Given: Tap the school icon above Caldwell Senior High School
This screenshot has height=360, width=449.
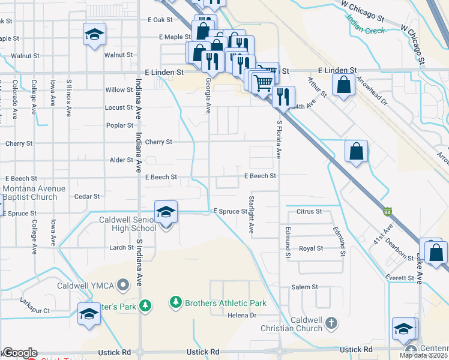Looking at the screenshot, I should click(166, 212).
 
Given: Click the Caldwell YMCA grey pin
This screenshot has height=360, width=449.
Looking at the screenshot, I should click(124, 285).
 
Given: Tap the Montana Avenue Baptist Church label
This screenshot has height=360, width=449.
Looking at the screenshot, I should click(34, 193).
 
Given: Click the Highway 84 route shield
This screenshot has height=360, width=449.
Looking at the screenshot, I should click(388, 212).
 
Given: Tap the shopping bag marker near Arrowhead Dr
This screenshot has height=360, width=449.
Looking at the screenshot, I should click(343, 85).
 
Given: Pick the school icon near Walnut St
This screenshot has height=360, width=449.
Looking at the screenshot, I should click(94, 35).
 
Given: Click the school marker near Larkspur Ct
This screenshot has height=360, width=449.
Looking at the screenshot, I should click(89, 314).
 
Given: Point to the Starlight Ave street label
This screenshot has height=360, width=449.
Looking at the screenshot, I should click(252, 214).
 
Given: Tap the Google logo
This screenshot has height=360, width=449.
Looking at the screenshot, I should click(19, 353).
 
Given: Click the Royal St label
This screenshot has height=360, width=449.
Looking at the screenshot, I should click(311, 248).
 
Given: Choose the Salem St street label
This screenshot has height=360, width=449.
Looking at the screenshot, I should click(304, 287).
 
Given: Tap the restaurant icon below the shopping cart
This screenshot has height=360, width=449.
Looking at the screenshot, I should click(283, 96).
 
